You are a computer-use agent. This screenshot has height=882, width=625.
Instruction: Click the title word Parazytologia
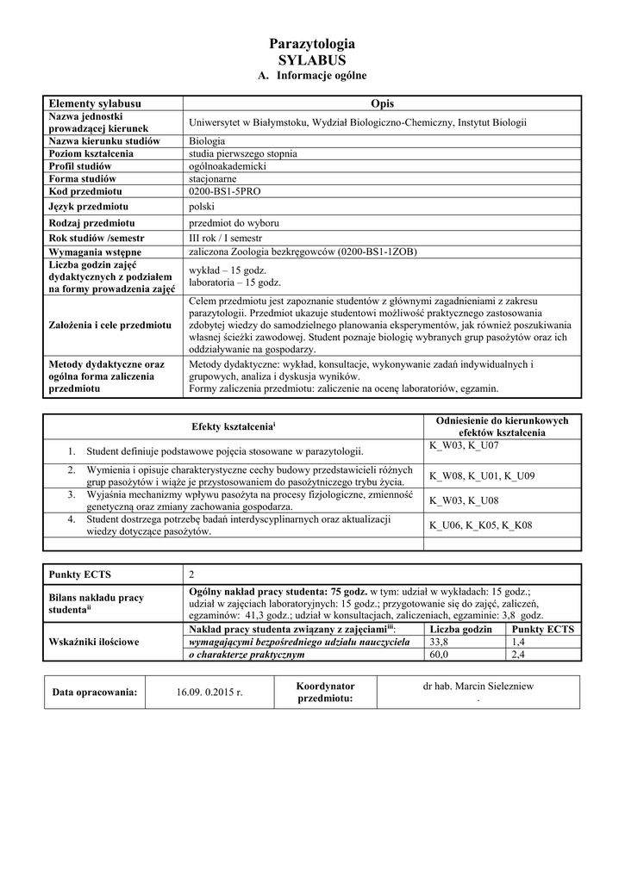pos(312,44)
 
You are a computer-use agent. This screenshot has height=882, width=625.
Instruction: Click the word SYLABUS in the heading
pos(312,60)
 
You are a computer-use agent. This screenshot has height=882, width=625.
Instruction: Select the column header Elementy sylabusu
pos(95,103)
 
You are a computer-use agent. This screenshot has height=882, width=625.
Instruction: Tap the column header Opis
pos(382,103)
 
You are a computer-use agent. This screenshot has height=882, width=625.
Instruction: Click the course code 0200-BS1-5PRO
pos(227,190)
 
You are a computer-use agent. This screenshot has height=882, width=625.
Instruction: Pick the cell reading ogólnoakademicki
pos(228,165)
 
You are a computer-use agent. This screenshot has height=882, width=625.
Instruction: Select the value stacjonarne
pos(213,178)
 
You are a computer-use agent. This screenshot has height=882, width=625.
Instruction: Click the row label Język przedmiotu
pos(89,207)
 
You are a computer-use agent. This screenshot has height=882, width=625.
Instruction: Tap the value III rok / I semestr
pos(225,238)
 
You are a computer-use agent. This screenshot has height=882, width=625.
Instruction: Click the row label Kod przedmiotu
pos(85,190)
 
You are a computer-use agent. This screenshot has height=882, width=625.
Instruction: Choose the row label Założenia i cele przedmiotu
pos(109,326)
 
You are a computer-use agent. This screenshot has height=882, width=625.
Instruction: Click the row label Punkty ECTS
pos(80,575)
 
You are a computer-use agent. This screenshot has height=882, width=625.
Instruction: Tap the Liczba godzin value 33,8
pos(439,642)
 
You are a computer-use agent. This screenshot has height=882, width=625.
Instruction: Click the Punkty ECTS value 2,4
pos(518,655)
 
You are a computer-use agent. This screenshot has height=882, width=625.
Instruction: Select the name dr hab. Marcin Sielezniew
pos(478,686)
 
